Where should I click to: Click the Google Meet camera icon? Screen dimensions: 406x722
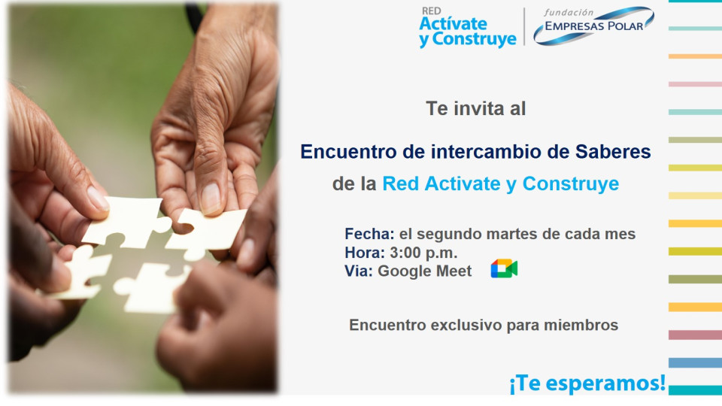click(x=504, y=269)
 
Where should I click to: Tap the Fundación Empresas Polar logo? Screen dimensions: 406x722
click(x=593, y=26)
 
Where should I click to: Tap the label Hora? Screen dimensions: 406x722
click(x=365, y=253)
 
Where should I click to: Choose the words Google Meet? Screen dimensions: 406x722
click(x=425, y=271)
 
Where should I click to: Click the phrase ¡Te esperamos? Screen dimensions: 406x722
click(x=587, y=383)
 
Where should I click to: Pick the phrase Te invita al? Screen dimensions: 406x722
click(x=475, y=108)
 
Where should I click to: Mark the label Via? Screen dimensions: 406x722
click(x=359, y=271)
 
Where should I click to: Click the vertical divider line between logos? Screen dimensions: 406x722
click(x=524, y=27)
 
